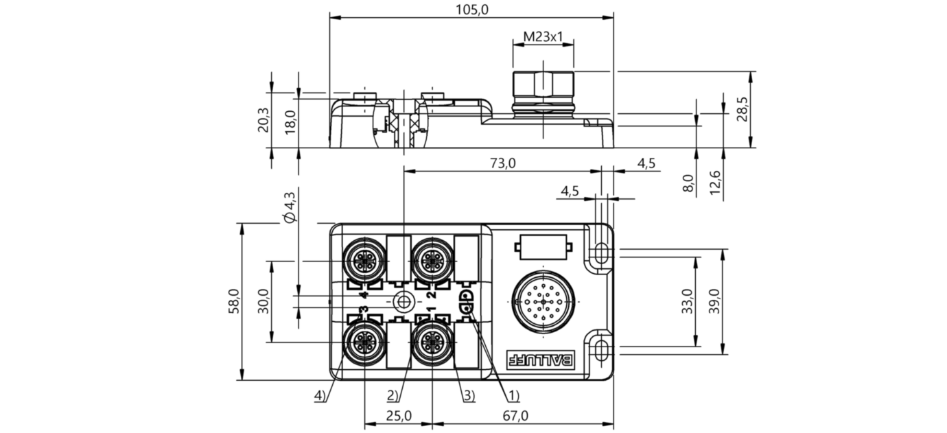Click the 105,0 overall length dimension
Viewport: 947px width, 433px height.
[x=472, y=10]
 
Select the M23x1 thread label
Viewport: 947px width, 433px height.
[x=543, y=37]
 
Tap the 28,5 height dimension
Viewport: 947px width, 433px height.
[x=742, y=109]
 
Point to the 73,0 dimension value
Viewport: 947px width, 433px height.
[x=503, y=163]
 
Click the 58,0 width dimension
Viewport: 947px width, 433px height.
[x=234, y=301]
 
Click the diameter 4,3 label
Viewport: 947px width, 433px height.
[x=290, y=207]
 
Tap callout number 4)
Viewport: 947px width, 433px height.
[x=320, y=396]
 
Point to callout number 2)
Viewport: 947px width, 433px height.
[x=393, y=396]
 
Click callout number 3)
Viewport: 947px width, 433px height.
[x=469, y=396]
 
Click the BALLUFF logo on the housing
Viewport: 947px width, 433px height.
[x=540, y=359]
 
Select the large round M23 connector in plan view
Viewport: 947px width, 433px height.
[x=543, y=302]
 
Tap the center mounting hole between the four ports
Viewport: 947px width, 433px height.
[x=404, y=302]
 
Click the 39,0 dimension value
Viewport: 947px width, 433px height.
[x=714, y=301]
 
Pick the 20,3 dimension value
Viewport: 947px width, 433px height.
[x=263, y=120]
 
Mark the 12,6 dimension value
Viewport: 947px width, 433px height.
[x=714, y=183]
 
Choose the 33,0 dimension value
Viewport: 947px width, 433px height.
[x=687, y=301]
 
